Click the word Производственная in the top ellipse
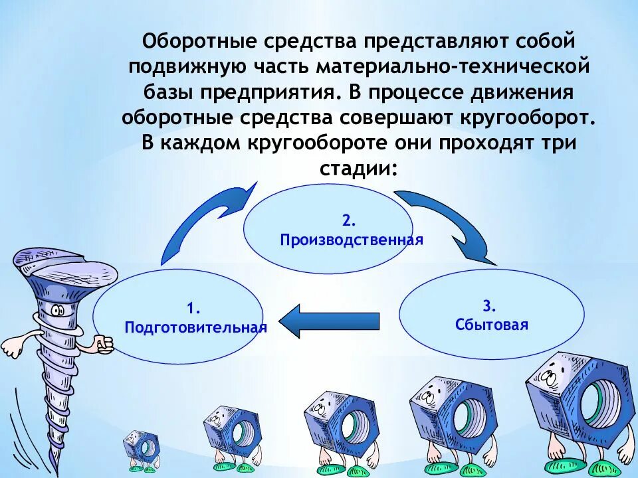coord(352,240)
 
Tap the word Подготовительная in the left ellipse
coord(195,327)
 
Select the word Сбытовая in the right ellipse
coord(492,325)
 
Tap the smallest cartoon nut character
coord(142,446)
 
